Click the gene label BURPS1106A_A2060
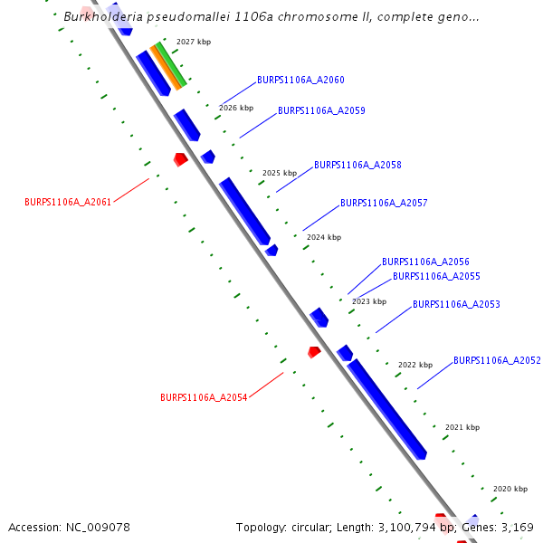click(300, 81)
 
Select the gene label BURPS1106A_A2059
click(321, 110)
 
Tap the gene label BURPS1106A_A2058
click(357, 166)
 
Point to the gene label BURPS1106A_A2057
click(384, 204)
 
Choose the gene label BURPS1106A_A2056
click(425, 262)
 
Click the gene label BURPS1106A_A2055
click(436, 276)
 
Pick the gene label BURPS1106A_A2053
click(456, 305)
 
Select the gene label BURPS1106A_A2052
click(497, 360)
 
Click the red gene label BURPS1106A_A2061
click(68, 203)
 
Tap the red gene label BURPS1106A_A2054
click(204, 397)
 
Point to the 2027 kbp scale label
click(194, 43)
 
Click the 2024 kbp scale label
click(324, 237)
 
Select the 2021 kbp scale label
click(462, 427)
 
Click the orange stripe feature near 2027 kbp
click(166, 68)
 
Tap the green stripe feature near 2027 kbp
click(172, 63)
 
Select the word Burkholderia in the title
click(101, 16)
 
